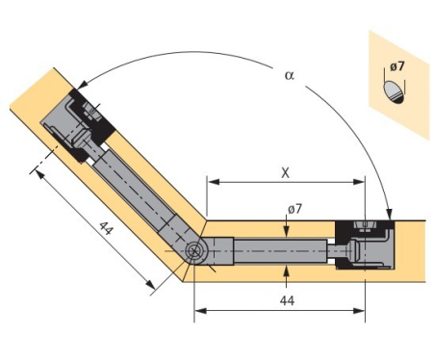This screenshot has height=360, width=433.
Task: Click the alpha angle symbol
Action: [290, 75]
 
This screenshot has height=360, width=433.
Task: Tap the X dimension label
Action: [285, 173]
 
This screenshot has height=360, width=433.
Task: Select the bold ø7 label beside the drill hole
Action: [397, 66]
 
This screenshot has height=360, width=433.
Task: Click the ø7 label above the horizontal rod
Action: [294, 209]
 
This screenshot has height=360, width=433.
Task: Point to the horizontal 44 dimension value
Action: [287, 300]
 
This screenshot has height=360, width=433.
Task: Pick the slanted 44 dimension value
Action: [106, 228]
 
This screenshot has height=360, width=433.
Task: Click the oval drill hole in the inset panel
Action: [394, 91]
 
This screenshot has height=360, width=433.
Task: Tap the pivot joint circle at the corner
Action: [194, 250]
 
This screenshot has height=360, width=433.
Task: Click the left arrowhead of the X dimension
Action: [214, 182]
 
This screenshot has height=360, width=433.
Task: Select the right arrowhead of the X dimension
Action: [359, 182]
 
